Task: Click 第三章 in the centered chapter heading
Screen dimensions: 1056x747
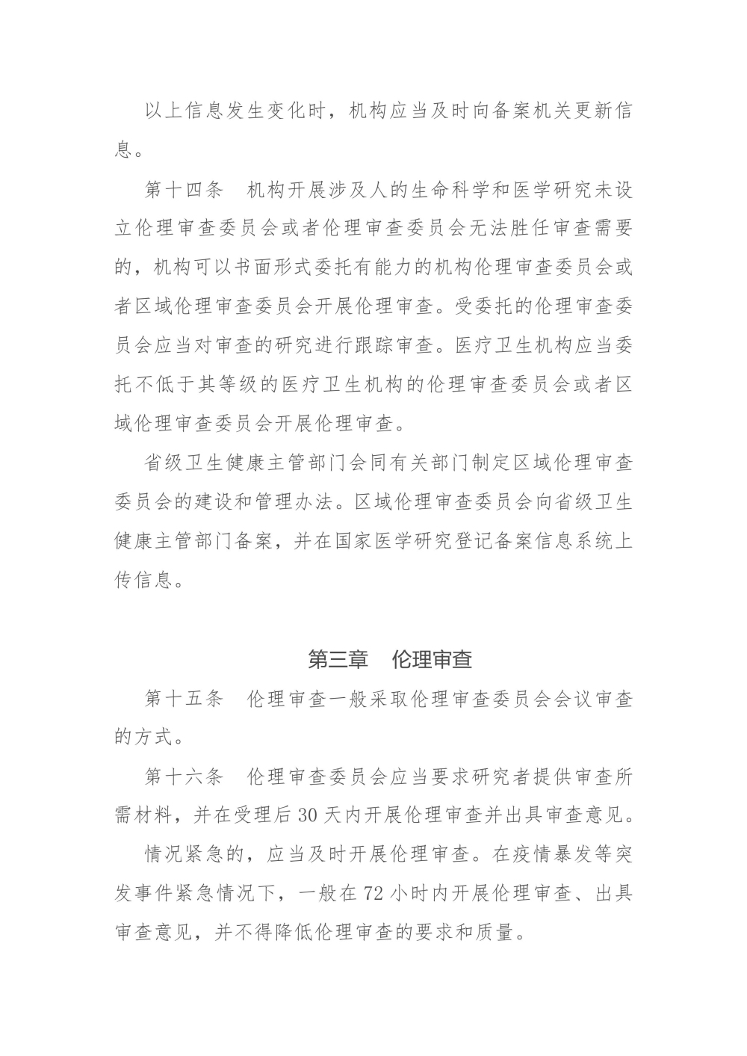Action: [338, 659]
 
